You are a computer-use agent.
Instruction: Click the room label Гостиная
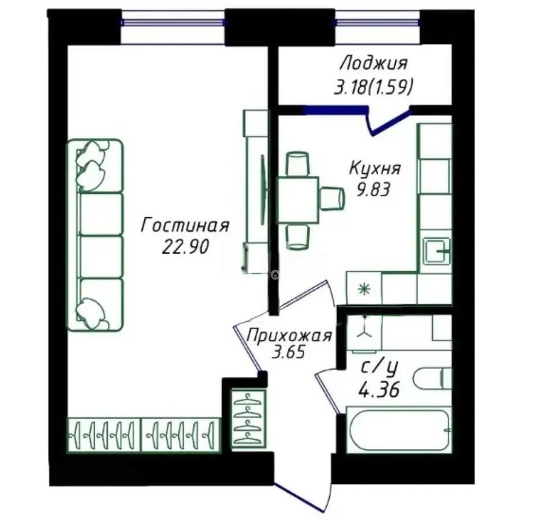coord(185,225)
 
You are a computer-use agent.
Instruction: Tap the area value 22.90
coord(185,247)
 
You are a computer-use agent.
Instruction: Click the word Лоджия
coord(374,62)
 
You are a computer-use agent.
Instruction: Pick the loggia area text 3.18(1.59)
coord(374,87)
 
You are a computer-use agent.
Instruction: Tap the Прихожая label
coord(289,335)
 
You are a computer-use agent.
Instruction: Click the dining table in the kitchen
coord(298,200)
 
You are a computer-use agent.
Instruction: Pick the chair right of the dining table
coord(333,198)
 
